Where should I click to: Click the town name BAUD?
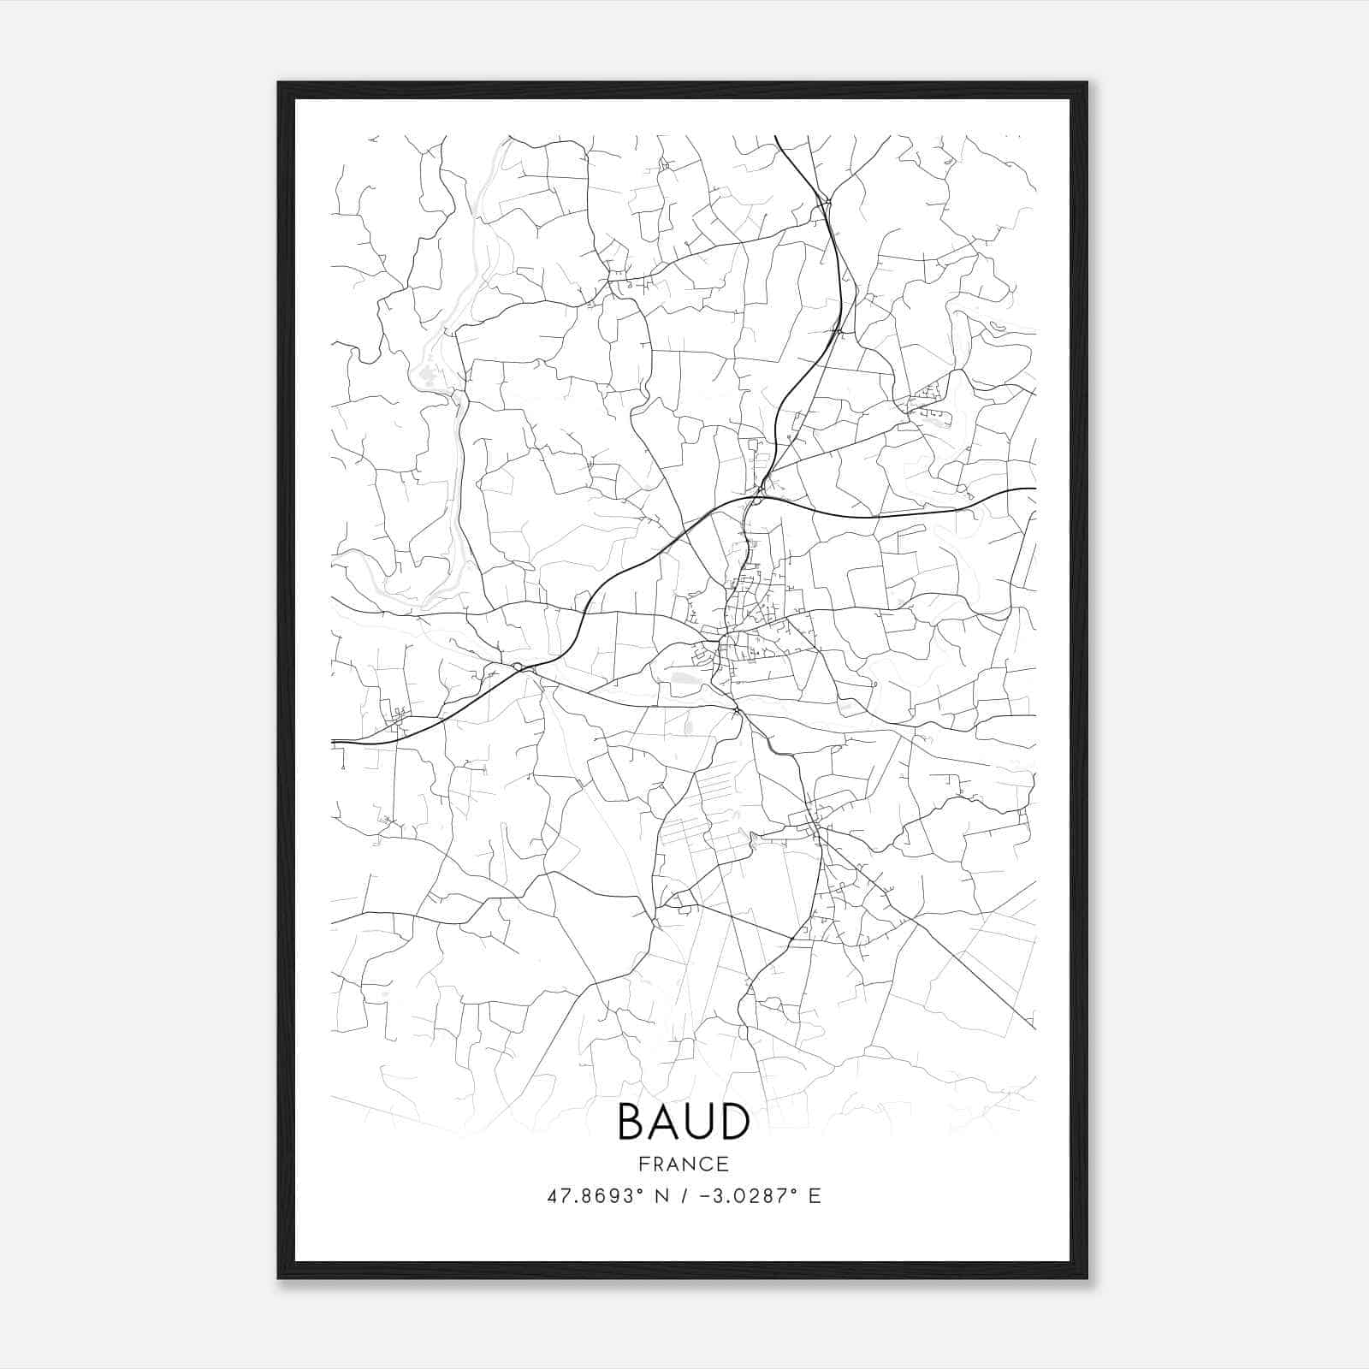683,1123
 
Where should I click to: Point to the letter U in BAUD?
699,1123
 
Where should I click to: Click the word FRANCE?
683,1165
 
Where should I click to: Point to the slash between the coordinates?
684,1196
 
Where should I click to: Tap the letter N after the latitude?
661,1196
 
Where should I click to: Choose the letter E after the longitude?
815,1196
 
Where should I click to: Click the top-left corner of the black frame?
280,84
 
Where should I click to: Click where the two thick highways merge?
761,495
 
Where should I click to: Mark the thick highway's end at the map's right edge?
1034,489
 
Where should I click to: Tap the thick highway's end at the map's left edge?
333,741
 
